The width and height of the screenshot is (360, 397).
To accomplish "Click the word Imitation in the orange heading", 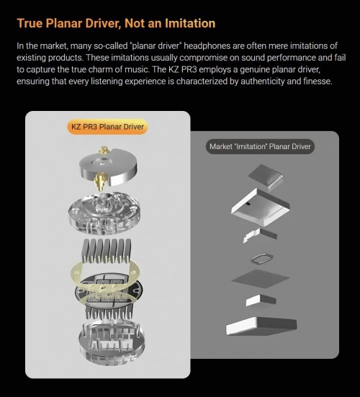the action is (190, 23).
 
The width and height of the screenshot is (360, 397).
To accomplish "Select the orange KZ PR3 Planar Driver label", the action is (107, 127).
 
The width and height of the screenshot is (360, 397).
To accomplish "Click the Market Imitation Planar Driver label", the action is (260, 146).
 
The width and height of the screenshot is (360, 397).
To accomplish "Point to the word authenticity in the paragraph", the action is (262, 81).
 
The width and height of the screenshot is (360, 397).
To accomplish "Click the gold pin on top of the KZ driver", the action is (104, 151).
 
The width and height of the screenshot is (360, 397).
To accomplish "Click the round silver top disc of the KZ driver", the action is (109, 167).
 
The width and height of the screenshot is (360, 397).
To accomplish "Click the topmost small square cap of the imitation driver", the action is (266, 177).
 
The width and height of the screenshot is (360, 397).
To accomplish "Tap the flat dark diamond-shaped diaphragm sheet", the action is (261, 279).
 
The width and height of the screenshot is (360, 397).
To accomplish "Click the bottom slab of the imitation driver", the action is (261, 326).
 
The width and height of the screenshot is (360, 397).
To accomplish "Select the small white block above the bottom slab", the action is (261, 300).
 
